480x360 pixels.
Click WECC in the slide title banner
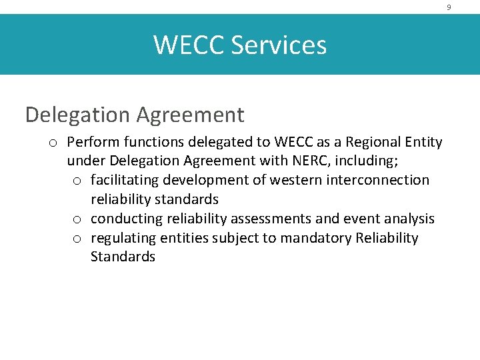click(x=189, y=45)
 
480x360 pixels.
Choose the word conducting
click(x=125, y=219)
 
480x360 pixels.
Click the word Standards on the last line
click(x=123, y=257)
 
